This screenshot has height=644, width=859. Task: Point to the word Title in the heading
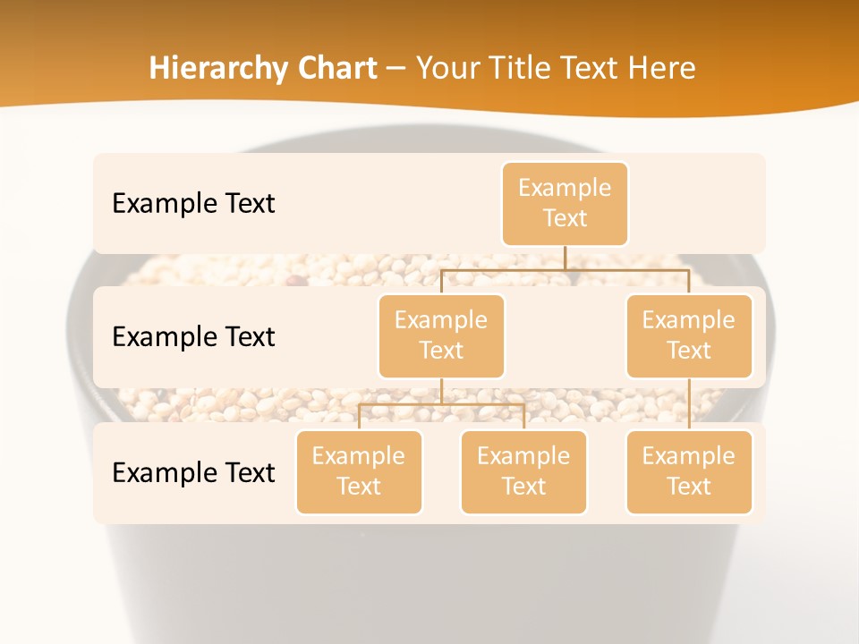click(x=523, y=69)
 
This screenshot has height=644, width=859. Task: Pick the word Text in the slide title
click(x=595, y=69)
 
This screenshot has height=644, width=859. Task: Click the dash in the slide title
click(x=395, y=70)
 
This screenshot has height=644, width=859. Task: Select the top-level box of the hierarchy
click(x=565, y=203)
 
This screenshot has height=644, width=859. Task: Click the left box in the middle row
click(x=441, y=335)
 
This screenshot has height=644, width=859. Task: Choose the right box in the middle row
click(x=689, y=335)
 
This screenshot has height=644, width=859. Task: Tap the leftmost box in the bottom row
click(x=359, y=471)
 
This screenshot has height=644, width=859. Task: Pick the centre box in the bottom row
click(x=523, y=471)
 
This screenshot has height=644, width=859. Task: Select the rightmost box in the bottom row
click(x=689, y=471)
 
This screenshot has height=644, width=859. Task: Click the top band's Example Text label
click(x=193, y=203)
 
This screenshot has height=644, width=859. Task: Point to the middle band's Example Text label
click(x=193, y=336)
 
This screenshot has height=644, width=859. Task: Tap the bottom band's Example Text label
click(x=193, y=472)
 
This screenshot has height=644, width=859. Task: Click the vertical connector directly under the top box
click(x=565, y=258)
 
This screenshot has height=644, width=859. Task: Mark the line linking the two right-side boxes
click(x=689, y=404)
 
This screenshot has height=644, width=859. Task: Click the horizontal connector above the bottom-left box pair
click(x=441, y=405)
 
